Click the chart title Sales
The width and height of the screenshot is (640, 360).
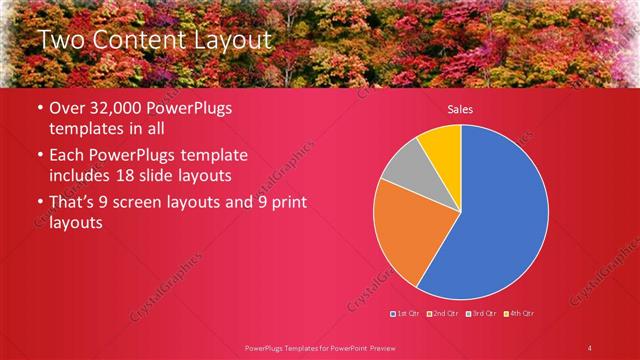tap(460, 109)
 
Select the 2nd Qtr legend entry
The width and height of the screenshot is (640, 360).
tap(444, 313)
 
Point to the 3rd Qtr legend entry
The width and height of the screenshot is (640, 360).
tap(480, 313)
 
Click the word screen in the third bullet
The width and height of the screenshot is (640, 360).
tap(156, 203)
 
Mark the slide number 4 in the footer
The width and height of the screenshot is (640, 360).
tap(590, 347)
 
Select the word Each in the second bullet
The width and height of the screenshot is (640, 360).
tap(68, 156)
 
